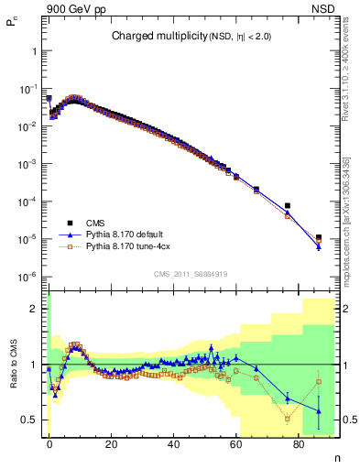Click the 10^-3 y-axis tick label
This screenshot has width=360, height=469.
[30, 164]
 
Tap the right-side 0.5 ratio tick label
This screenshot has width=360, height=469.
[348, 420]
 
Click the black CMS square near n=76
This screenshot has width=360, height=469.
[288, 206]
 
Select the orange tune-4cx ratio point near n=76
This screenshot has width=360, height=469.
[288, 419]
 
